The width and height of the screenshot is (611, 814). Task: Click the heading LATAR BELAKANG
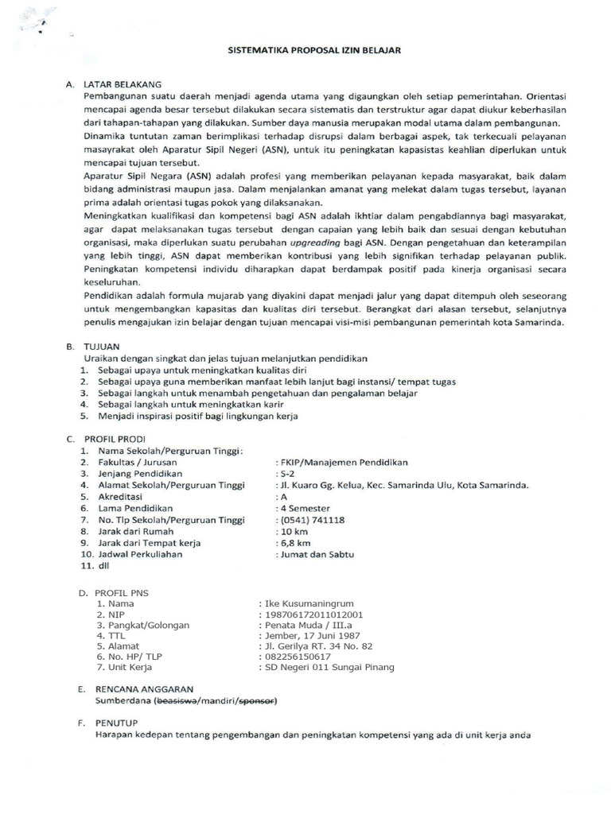[x=123, y=83]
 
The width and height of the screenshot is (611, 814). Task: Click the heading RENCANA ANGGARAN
[x=144, y=689]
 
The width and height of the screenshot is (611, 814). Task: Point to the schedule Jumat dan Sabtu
[x=316, y=555]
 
